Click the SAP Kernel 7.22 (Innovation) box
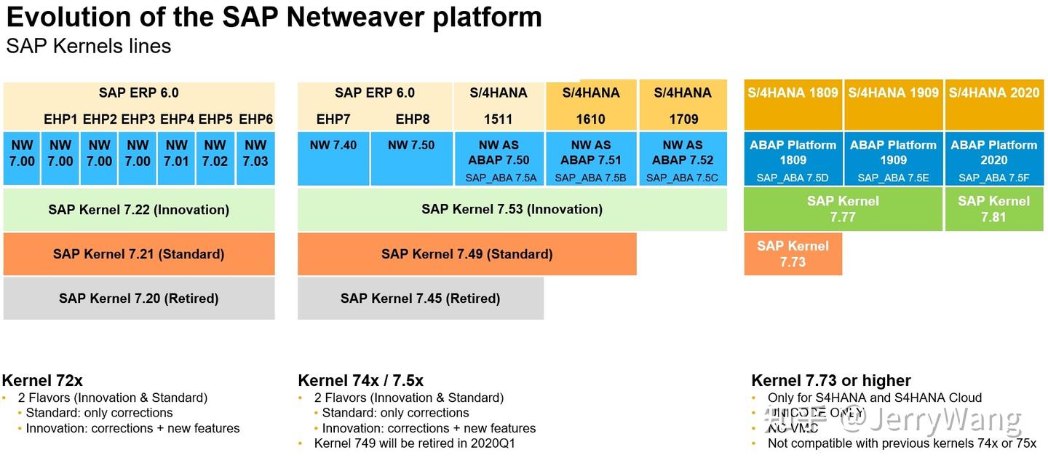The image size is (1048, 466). [x=139, y=210]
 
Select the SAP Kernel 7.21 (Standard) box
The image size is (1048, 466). [x=139, y=254]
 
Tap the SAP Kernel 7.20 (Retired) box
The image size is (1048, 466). [x=139, y=298]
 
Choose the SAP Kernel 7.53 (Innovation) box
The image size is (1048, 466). [x=512, y=210]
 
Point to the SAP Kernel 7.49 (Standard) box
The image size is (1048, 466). [x=467, y=254]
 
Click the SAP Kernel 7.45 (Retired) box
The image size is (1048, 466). [x=420, y=298]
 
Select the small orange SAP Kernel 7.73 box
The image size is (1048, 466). [x=793, y=254]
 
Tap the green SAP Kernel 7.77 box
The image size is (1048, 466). [x=843, y=209]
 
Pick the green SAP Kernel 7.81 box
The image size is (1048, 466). [x=993, y=209]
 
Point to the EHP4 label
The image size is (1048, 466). [x=177, y=119]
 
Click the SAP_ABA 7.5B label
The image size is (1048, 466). [x=590, y=178]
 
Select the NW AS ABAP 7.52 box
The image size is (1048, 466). [x=683, y=153]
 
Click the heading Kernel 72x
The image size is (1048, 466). [x=42, y=380]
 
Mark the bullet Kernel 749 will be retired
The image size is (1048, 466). [x=414, y=443]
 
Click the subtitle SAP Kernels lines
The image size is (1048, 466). [x=89, y=46]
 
